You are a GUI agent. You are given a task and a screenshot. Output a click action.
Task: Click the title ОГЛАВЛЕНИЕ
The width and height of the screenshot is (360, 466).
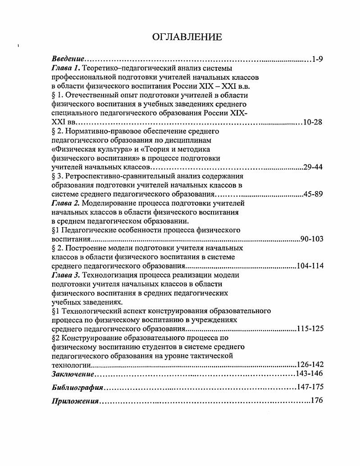187,37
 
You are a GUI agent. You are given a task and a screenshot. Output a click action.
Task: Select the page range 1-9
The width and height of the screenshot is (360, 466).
317,59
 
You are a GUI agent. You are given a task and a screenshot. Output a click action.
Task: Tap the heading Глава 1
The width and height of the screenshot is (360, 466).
66,68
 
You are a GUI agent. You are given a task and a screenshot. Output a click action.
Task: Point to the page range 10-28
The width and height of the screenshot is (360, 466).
313,122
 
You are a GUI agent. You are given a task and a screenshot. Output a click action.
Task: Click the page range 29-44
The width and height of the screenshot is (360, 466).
313,167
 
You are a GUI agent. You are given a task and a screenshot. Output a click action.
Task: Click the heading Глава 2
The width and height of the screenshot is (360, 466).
66,203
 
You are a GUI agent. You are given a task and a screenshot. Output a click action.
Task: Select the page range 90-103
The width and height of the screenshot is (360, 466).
311,239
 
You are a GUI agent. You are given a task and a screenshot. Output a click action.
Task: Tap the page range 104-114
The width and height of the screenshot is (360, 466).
310,266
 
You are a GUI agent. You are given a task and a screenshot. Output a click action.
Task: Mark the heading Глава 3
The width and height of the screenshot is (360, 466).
66,275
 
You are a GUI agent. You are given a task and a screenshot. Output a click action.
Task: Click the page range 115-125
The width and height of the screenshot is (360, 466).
310,329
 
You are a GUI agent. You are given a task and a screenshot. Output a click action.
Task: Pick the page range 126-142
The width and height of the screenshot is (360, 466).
310,365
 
